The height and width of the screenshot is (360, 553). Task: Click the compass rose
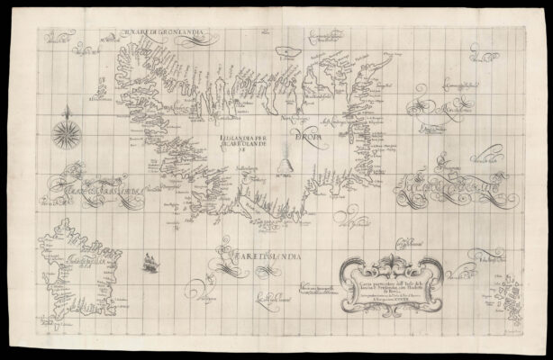[66, 132]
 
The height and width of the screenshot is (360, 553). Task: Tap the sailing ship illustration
[148, 262]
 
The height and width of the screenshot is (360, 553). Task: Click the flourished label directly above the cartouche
[410, 241]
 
